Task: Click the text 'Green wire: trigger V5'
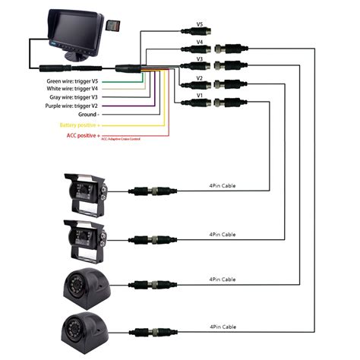point(72,80)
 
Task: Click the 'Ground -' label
point(87,115)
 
